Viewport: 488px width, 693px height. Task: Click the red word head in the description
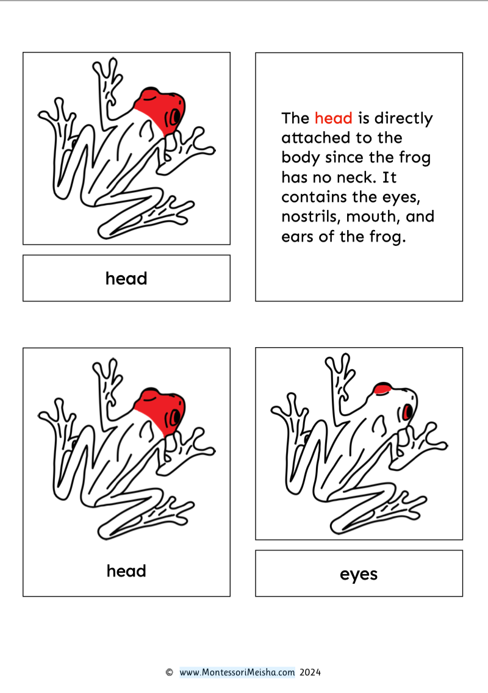tap(333, 118)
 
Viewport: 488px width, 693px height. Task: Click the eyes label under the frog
tap(359, 574)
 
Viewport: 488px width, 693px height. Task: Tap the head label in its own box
tap(126, 278)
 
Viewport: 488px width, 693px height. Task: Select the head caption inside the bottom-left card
tap(126, 570)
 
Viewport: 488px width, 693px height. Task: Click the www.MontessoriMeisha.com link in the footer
tap(237, 672)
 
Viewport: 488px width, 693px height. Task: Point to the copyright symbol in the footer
tap(170, 672)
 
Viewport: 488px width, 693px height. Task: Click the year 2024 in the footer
tap(310, 672)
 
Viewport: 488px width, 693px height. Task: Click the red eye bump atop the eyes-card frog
tap(381, 389)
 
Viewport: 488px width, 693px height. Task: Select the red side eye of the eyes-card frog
tap(407, 412)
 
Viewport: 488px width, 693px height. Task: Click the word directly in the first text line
tap(404, 118)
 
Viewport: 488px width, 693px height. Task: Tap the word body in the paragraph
tap(301, 158)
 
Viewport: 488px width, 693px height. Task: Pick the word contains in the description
tap(314, 196)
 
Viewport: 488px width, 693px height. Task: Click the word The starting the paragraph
tap(295, 118)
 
